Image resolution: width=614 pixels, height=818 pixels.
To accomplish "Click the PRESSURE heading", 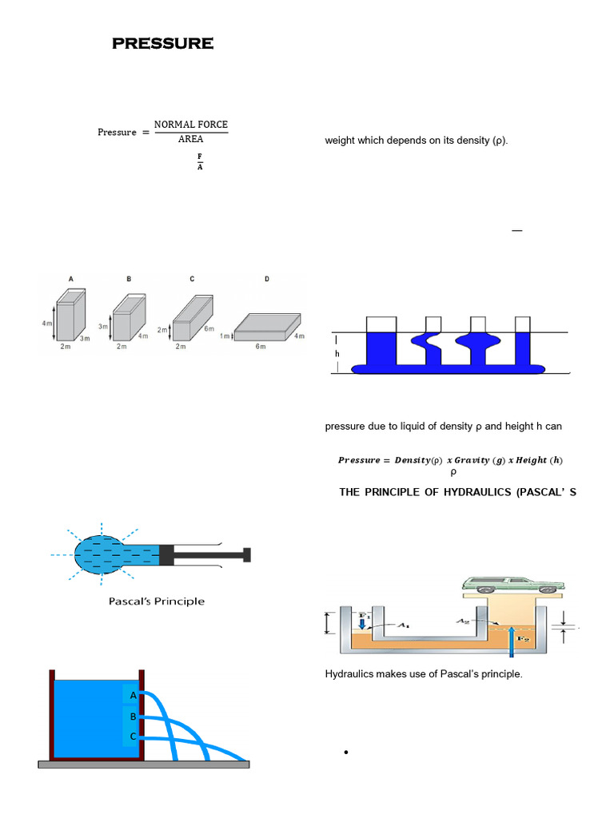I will (162, 44).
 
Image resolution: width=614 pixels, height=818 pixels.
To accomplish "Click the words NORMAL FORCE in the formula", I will (190, 125).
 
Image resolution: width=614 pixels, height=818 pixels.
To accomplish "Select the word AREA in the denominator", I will (190, 139).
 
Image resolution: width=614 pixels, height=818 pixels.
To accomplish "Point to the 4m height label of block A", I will (47, 323).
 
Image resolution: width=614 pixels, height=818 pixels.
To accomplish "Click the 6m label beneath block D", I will (261, 347).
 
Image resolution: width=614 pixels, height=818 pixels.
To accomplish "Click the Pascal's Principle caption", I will (157, 601).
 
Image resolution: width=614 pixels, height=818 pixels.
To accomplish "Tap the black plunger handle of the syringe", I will (247, 554).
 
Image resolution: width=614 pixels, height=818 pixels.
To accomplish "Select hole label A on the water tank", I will (134, 696).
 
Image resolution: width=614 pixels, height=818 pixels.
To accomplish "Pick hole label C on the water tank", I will (134, 736).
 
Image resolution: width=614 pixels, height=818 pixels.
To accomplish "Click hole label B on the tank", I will (134, 717).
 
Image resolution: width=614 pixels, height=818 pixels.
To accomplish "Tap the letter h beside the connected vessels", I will (337, 353).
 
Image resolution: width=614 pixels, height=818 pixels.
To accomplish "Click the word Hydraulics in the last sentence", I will (350, 674).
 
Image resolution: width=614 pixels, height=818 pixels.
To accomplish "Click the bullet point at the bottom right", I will (345, 753).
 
